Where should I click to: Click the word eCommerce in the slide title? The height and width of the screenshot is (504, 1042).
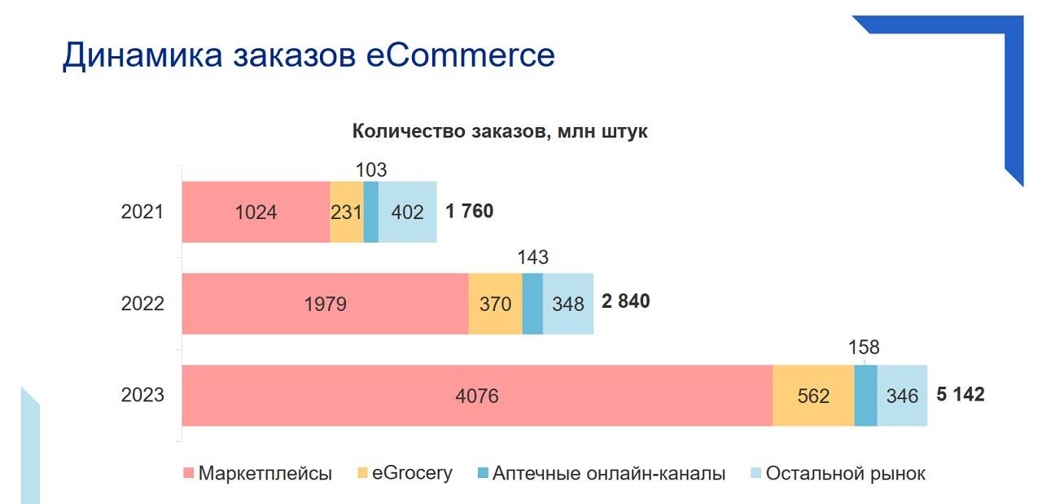(x=461, y=55)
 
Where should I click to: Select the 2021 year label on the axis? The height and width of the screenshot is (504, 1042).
(x=142, y=212)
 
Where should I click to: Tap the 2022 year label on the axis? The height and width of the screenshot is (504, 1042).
(x=142, y=304)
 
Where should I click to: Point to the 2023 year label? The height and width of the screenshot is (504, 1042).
(x=142, y=395)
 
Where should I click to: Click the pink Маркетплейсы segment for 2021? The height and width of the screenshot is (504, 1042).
(x=256, y=212)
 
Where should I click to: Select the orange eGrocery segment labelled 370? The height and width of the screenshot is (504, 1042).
(x=496, y=304)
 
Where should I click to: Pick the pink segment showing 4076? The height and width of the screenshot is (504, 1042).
(x=477, y=395)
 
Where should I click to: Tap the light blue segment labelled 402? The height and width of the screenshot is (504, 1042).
(x=408, y=212)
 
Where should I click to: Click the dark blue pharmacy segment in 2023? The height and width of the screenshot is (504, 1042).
(x=866, y=395)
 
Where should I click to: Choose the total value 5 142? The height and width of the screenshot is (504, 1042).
(x=961, y=394)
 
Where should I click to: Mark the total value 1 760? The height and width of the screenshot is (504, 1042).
(x=470, y=211)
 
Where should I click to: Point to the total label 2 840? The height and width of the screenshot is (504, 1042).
(x=626, y=301)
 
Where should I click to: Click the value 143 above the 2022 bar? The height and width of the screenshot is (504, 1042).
(x=533, y=257)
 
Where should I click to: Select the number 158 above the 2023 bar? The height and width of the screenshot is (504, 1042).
(x=864, y=347)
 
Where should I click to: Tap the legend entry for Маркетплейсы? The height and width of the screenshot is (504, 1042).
(x=258, y=473)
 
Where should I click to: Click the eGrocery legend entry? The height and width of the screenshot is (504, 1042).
(x=405, y=473)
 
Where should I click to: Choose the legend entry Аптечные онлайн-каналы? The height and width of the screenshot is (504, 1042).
(x=602, y=473)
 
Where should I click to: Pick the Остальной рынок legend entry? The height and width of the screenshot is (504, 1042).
(x=838, y=473)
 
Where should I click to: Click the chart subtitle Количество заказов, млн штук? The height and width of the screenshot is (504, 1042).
(x=500, y=131)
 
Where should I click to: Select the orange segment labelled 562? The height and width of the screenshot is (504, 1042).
(x=813, y=395)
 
